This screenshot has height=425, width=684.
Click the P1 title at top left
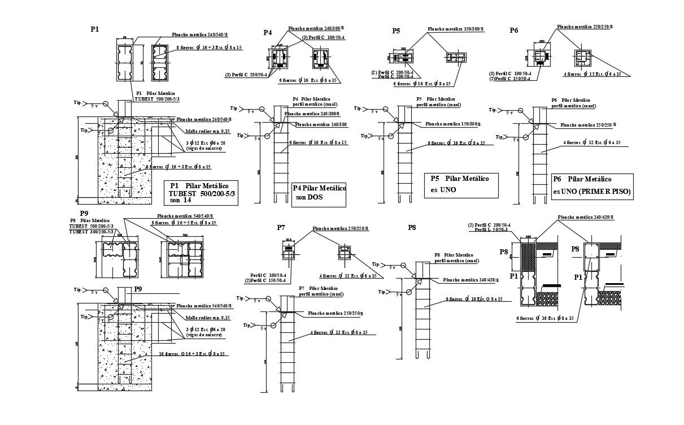[94, 29]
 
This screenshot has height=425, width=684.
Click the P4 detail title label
[268, 33]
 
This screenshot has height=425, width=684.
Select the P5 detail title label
[397, 31]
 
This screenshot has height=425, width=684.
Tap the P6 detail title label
[513, 31]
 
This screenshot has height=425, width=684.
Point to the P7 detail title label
[281, 228]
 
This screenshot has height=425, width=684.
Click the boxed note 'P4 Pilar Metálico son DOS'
[319, 193]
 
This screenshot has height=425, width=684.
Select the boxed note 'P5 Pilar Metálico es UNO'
[461, 185]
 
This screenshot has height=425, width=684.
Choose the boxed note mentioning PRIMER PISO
[591, 185]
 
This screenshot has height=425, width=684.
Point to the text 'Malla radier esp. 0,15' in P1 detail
[208, 131]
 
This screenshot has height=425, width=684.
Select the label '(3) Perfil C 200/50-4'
[246, 75]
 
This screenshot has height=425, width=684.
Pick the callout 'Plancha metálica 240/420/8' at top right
[585, 217]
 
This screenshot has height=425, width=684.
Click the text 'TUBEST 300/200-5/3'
[92, 232]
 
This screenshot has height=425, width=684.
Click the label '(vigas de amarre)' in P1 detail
[204, 148]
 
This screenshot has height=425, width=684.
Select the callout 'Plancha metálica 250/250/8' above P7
[341, 229]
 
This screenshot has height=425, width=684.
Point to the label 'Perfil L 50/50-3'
[491, 230]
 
